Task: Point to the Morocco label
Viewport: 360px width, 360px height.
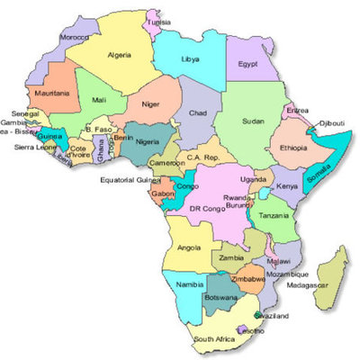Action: pos(74,39)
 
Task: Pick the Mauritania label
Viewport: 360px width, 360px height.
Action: pos(51,93)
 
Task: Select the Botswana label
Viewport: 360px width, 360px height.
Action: pos(220,296)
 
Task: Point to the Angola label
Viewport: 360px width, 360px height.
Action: pos(190,247)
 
